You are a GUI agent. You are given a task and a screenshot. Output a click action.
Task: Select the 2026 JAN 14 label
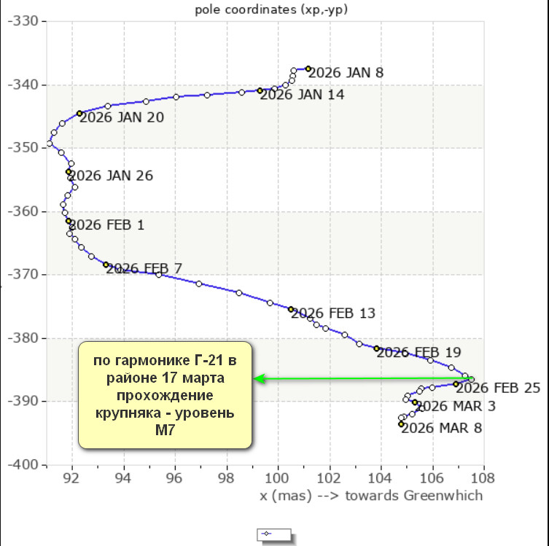302,94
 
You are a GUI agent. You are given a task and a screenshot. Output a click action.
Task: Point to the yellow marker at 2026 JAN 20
79,114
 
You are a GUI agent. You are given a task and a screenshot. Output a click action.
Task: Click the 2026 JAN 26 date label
110,176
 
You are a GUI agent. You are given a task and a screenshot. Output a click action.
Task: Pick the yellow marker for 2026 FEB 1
69,221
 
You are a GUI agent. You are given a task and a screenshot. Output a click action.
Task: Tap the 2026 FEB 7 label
144,268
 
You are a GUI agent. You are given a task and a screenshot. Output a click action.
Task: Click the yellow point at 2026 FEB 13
291,309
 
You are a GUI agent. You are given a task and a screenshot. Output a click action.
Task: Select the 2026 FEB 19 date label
418,352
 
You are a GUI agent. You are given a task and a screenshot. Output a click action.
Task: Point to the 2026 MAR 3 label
456,406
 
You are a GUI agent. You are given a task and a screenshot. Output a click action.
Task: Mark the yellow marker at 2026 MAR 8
401,424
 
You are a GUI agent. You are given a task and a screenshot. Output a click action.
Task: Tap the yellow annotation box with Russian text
166,394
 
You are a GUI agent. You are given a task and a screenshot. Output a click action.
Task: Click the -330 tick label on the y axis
26,22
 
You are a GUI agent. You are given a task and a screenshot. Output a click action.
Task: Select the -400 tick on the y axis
26,465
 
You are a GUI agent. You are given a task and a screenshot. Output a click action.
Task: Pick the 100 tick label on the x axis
278,479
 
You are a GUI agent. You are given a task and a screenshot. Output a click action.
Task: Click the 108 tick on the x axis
483,479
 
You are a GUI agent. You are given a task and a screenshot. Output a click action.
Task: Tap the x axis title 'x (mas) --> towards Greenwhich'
371,496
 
